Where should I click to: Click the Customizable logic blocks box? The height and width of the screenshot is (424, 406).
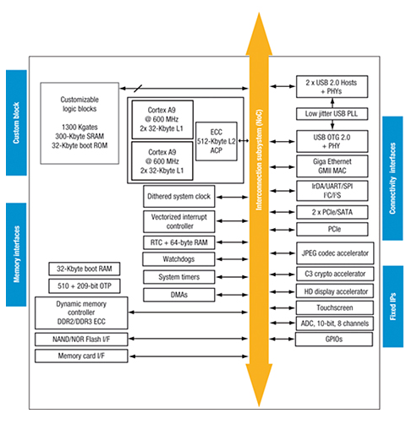[x=80, y=123]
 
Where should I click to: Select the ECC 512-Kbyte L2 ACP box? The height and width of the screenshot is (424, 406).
[x=217, y=141]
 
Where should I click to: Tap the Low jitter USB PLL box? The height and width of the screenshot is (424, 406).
[x=332, y=114]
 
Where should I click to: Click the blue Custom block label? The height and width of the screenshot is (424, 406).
[x=16, y=122]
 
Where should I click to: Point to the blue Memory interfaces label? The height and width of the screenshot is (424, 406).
[x=16, y=254]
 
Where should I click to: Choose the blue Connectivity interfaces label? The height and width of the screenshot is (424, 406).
[x=392, y=178]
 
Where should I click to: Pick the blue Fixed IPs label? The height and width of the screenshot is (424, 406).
[x=392, y=307]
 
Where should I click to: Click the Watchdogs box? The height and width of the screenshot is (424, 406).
[x=178, y=259]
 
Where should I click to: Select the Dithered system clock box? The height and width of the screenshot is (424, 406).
[x=179, y=196]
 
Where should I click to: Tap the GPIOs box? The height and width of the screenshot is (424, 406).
[x=334, y=340]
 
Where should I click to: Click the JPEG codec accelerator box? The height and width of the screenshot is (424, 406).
[x=335, y=253]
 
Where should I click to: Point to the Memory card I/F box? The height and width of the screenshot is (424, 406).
[x=81, y=356]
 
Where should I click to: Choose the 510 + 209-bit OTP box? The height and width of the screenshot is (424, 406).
[x=85, y=286]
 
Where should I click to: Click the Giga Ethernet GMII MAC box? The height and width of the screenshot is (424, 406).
[x=332, y=166]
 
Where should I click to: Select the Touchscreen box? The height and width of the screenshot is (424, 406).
[x=335, y=307]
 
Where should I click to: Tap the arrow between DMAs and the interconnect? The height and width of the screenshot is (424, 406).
[x=232, y=295]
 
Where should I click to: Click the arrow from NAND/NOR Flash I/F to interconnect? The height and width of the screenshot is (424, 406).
[x=189, y=339]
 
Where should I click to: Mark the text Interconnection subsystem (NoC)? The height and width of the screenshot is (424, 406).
[x=259, y=160]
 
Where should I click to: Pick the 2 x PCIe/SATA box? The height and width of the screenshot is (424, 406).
[x=332, y=212]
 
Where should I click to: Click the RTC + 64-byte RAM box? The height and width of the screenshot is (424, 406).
[x=178, y=242]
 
